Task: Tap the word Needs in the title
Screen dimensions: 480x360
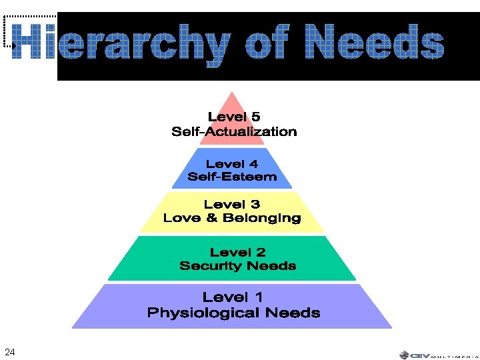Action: (x=375, y=41)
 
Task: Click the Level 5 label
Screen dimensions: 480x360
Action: (x=234, y=117)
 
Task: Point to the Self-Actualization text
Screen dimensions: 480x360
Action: (x=234, y=131)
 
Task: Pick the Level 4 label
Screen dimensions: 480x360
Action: (x=232, y=164)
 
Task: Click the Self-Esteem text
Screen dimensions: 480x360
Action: (x=232, y=177)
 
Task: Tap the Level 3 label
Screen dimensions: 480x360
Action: (x=232, y=204)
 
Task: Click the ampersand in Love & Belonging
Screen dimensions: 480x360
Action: (x=211, y=218)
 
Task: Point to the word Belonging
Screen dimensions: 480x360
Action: (x=262, y=219)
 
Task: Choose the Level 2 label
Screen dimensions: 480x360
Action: (x=237, y=253)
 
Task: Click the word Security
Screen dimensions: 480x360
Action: (x=211, y=266)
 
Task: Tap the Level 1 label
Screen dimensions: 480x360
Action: (x=233, y=297)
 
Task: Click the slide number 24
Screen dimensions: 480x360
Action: (x=10, y=352)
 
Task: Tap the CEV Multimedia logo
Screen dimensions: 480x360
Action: (x=439, y=355)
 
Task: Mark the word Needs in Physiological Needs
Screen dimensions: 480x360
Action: (x=293, y=313)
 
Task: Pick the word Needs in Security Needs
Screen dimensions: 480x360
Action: (x=271, y=265)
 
